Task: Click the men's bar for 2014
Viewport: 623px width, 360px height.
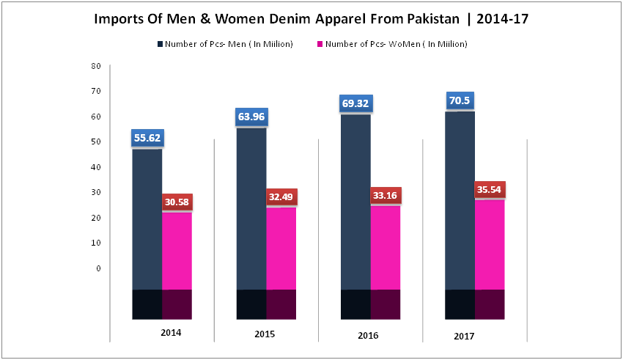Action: pos(147,220)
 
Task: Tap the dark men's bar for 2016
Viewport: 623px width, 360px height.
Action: pos(355,205)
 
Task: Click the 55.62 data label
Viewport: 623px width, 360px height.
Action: pos(147,138)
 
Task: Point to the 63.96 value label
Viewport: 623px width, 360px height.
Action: pos(251,117)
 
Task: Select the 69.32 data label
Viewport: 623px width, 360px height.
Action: pos(355,104)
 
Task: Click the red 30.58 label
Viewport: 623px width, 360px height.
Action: pos(177,202)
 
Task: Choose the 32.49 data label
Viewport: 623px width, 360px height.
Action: pos(281,198)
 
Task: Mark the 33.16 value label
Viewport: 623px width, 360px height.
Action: pos(386,196)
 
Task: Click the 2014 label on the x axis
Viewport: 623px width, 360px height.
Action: pos(171,333)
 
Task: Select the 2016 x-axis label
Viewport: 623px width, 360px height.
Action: pos(369,335)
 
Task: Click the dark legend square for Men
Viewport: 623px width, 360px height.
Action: pos(159,45)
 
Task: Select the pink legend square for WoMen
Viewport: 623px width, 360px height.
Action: pos(319,45)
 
